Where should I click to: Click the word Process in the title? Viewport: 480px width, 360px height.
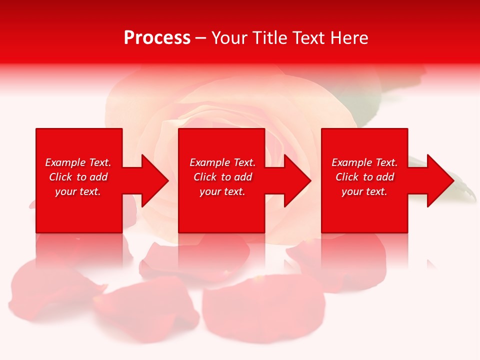(157, 38)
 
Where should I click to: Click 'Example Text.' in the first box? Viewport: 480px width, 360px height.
(78, 162)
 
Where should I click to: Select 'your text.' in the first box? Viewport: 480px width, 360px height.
(78, 191)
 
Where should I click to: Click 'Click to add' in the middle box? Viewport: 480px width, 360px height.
(222, 177)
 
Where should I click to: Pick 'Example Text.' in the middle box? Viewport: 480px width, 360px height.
(222, 162)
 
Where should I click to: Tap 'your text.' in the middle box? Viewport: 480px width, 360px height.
(222, 191)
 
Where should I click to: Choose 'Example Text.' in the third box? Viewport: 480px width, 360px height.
(364, 162)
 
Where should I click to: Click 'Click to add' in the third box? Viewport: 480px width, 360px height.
(364, 177)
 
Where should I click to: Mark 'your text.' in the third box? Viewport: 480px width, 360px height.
(364, 191)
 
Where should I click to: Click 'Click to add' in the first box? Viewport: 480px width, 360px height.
(78, 177)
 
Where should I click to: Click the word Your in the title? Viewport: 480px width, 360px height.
(230, 38)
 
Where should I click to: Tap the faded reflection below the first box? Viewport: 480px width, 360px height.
(79, 250)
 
